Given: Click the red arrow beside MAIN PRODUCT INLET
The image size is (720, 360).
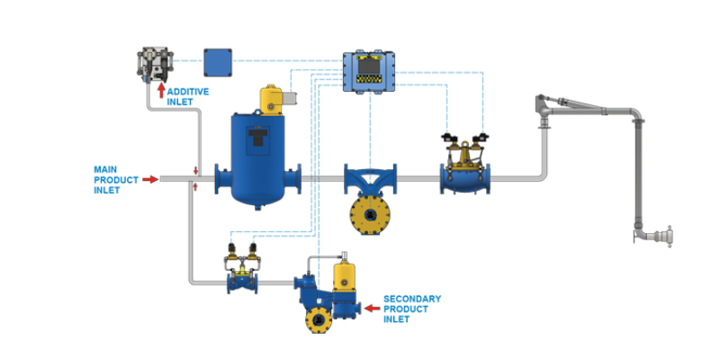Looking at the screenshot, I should (x=150, y=179).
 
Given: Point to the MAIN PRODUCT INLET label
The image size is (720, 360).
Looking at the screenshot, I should (x=116, y=179).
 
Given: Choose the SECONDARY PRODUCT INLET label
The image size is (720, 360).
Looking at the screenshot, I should (x=413, y=308).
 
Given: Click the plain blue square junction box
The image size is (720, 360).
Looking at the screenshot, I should (x=218, y=62).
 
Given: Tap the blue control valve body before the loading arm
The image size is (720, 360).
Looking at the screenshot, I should (x=465, y=175).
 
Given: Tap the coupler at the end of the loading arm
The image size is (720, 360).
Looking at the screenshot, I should (x=663, y=235).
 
